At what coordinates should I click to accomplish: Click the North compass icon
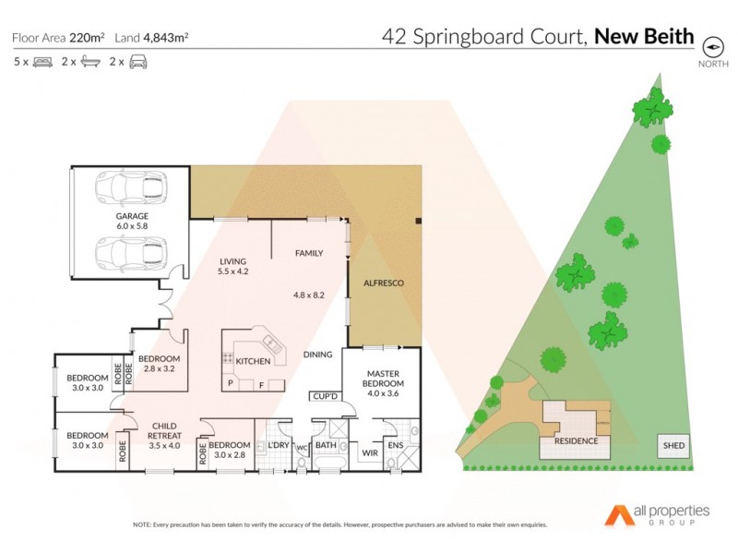(x=712, y=46)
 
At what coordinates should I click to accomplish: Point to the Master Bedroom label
(x=381, y=377)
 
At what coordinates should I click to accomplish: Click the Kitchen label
(x=253, y=361)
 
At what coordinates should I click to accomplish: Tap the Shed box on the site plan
(x=673, y=446)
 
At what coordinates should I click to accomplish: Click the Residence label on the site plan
(x=576, y=440)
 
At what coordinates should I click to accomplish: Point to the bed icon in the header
(x=42, y=62)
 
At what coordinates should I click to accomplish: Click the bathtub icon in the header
(x=90, y=62)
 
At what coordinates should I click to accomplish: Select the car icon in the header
(x=138, y=62)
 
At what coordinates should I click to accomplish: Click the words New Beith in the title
(x=644, y=38)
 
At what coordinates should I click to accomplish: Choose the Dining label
(x=318, y=355)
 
